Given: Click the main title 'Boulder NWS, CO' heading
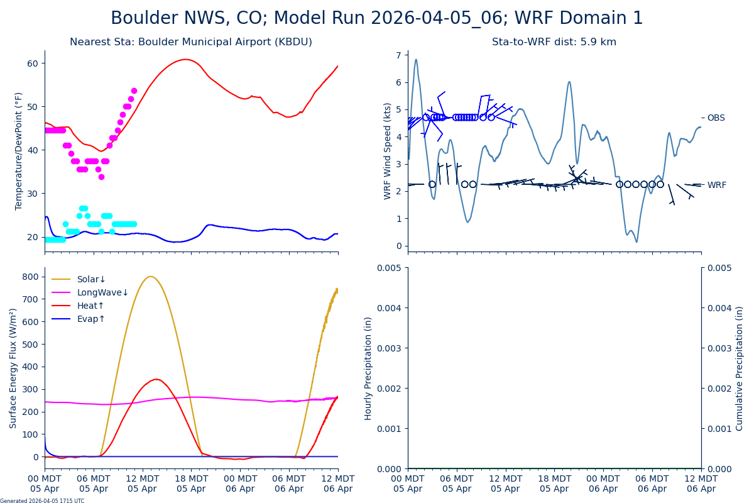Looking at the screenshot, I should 377,18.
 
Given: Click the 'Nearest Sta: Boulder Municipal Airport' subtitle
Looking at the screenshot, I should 191,42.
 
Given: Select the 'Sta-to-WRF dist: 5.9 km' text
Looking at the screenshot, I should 554,42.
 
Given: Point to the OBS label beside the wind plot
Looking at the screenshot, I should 716,118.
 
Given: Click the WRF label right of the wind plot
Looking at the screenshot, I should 716,185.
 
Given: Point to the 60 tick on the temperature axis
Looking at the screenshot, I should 33,63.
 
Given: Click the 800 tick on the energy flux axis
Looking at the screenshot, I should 30,277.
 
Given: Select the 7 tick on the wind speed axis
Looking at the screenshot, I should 398,55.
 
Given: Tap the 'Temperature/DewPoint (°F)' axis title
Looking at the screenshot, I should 19,151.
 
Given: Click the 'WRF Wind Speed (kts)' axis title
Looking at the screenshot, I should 388,151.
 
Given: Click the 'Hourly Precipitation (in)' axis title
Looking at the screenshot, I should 368,368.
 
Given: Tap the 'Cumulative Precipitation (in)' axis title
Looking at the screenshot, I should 740,368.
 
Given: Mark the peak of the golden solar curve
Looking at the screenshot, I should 150,277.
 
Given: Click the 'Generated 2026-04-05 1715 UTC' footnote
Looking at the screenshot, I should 42,501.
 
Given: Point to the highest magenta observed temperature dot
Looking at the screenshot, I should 134,91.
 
